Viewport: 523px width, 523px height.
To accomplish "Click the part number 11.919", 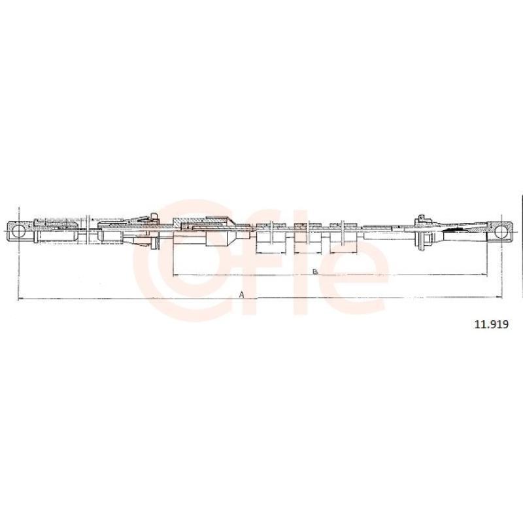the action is click(x=492, y=324).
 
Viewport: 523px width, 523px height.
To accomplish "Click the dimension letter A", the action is click(x=242, y=295).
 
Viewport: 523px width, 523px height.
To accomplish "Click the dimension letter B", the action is click(x=315, y=271).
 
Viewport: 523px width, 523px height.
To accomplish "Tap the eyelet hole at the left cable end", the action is click(x=18, y=231).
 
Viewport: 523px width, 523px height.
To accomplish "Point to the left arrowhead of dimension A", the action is click(x=20, y=298).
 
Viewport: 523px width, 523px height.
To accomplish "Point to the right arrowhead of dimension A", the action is click(x=499, y=297).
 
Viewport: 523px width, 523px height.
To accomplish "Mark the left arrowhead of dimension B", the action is click(x=176, y=275).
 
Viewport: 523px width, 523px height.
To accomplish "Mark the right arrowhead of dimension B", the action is click(x=484, y=275).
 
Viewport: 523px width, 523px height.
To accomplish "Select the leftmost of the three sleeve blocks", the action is click(x=271, y=233).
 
